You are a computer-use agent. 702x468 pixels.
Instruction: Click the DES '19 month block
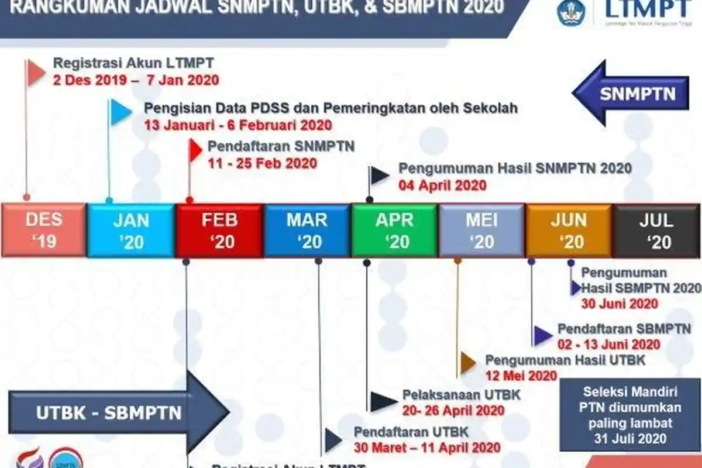pos(44,230)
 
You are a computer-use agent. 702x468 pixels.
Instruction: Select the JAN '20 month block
pos(131,230)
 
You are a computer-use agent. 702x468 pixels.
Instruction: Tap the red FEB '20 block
pos(219,230)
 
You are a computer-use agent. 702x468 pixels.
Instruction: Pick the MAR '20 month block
pos(307,230)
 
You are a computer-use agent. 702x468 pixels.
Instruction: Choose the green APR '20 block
pos(394,230)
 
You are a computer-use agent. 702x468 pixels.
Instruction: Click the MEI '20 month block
pos(482,230)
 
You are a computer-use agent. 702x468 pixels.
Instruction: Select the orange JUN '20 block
pos(569,230)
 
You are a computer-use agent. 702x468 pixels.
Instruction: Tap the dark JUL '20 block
pos(656,230)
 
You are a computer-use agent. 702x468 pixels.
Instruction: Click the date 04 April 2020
pos(442,185)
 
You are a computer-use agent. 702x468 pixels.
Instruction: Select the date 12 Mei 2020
pos(521,376)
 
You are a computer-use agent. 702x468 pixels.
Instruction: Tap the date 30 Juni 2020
pos(620,304)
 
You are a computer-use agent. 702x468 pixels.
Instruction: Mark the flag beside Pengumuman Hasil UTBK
pos(467,363)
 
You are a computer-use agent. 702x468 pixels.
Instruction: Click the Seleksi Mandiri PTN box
pos(630,415)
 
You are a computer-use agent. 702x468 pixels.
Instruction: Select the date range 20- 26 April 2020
pos(453,410)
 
